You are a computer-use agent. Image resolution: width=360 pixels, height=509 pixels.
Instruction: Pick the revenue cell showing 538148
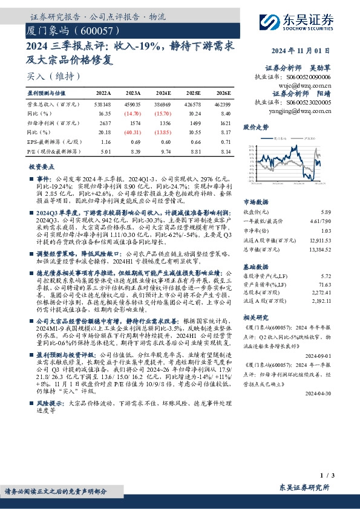click(x=103, y=104)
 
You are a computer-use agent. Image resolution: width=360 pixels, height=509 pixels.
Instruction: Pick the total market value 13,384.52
click(x=318, y=248)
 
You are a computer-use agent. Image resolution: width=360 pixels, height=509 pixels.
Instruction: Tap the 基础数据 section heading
click(x=256, y=267)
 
